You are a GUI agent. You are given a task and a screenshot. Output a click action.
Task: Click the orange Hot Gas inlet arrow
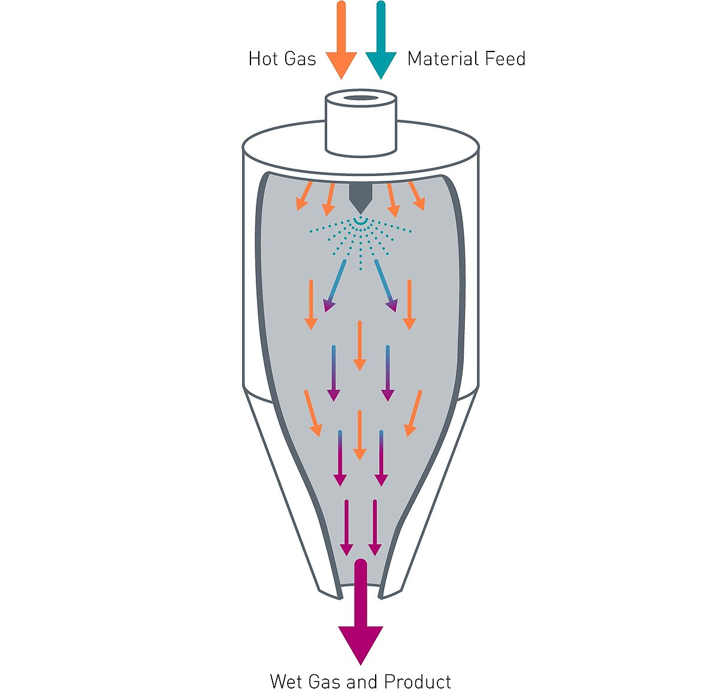[x=341, y=42]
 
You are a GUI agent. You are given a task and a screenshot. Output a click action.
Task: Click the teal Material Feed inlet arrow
[x=380, y=42]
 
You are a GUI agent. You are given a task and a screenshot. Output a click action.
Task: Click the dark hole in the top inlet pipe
[x=360, y=98]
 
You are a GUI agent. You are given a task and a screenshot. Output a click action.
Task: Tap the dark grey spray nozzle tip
[x=359, y=197]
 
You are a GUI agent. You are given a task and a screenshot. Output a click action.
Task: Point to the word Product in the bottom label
[x=418, y=681]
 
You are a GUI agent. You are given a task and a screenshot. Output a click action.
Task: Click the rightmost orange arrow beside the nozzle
[x=416, y=196]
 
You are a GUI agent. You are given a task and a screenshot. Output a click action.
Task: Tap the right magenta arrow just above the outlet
[x=375, y=527]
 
